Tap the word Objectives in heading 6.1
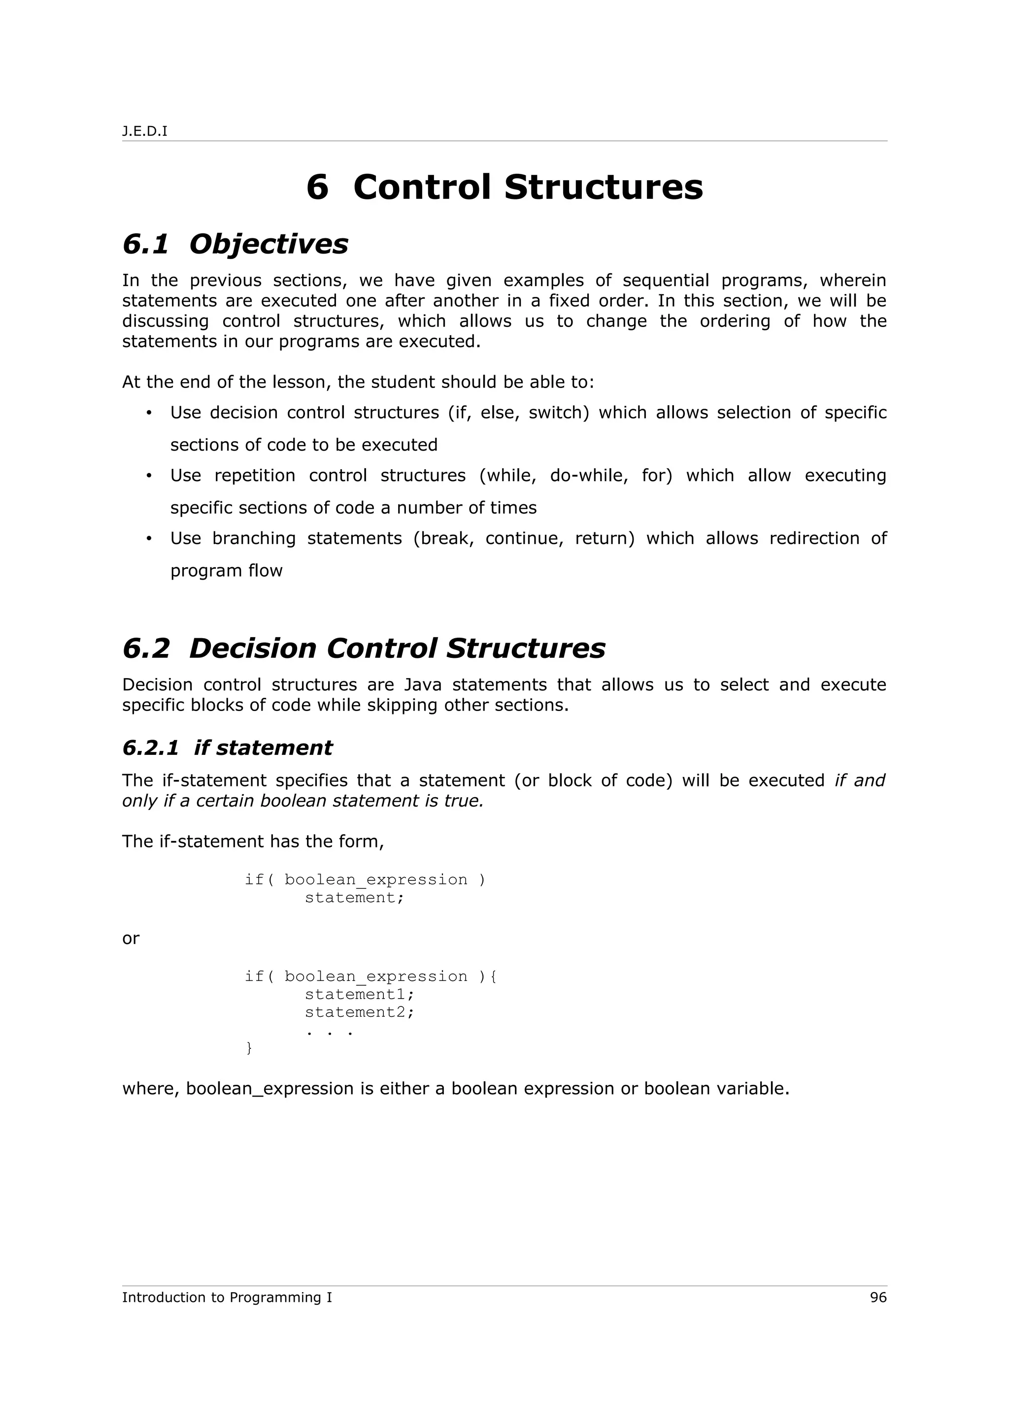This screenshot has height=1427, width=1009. point(268,244)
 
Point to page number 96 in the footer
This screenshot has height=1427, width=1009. point(878,1297)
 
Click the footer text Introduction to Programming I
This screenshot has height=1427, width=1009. point(227,1297)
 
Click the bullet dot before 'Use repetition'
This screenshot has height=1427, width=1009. point(149,476)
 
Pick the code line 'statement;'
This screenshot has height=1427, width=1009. point(354,898)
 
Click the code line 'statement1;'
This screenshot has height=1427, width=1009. point(359,995)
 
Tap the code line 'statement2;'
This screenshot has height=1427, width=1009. point(359,1012)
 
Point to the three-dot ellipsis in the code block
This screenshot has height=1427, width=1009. point(330,1031)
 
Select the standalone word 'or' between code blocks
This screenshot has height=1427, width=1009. point(131,939)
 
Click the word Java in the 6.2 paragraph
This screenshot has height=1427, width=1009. point(423,685)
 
